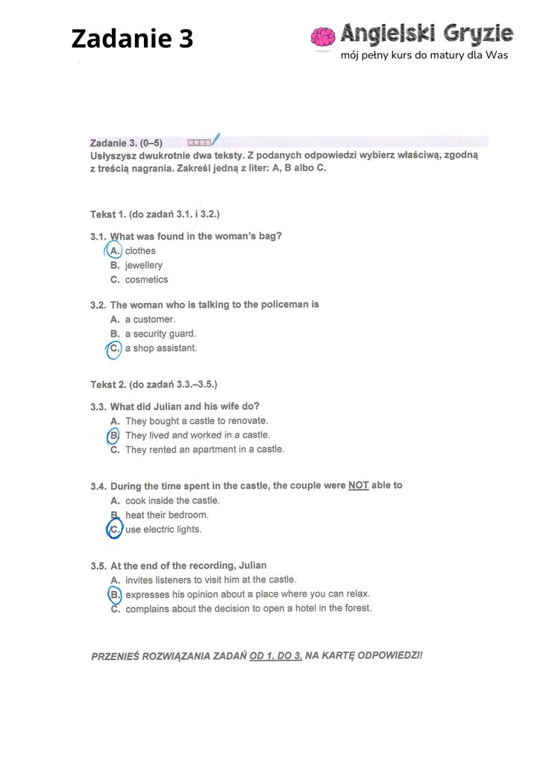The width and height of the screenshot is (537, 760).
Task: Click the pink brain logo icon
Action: pyautogui.click(x=323, y=38)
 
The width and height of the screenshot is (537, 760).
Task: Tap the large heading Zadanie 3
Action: pyautogui.click(x=132, y=38)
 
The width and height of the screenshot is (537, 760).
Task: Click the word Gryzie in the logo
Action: pyautogui.click(x=477, y=34)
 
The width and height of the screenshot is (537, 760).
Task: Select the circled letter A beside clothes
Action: pyautogui.click(x=114, y=251)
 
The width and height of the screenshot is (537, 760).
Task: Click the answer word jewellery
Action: pyautogui.click(x=143, y=265)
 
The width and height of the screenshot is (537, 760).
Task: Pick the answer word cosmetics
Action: pyautogui.click(x=146, y=280)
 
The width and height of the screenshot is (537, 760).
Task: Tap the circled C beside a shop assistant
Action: pyautogui.click(x=114, y=349)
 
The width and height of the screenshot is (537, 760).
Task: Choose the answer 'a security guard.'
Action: pyautogui.click(x=160, y=334)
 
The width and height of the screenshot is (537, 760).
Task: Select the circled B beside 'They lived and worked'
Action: pyautogui.click(x=114, y=435)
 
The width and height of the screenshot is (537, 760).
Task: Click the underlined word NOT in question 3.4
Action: pyautogui.click(x=358, y=485)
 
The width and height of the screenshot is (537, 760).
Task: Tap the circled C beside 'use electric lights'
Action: pyautogui.click(x=114, y=530)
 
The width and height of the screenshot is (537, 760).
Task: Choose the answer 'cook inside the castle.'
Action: pyautogui.click(x=172, y=501)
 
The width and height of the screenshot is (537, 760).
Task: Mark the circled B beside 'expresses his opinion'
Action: pyautogui.click(x=115, y=595)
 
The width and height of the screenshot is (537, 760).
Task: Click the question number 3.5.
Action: pyautogui.click(x=98, y=566)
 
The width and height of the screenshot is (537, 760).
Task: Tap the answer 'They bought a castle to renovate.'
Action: pyautogui.click(x=196, y=421)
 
